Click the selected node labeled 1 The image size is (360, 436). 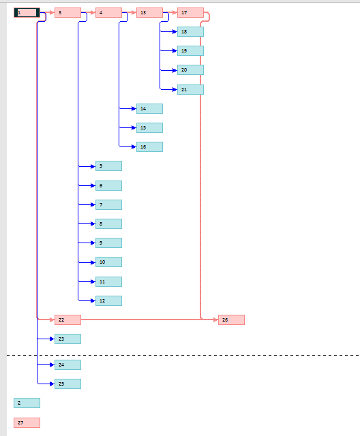[x=27, y=12]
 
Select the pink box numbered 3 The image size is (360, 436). [x=68, y=12]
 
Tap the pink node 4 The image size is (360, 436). [x=109, y=12]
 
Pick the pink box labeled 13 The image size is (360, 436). [x=150, y=12]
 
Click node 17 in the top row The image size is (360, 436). [x=191, y=12]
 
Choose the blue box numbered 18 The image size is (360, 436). [x=191, y=32]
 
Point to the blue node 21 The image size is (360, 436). [x=191, y=89]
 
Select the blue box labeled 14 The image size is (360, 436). [x=150, y=109]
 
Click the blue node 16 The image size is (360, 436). [x=150, y=147]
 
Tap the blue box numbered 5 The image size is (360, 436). [x=109, y=166]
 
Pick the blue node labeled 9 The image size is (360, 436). [x=109, y=243]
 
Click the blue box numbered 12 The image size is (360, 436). [x=109, y=300]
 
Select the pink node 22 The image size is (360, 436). [x=68, y=320]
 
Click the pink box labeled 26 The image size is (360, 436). [x=231, y=320]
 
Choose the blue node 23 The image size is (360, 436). [x=68, y=339]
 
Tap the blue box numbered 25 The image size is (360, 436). [x=68, y=384]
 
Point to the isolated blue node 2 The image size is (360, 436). [x=27, y=403]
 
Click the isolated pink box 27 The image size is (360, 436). [x=27, y=422]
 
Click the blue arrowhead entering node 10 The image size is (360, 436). [x=93, y=262]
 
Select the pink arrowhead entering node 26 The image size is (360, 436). [x=216, y=320]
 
